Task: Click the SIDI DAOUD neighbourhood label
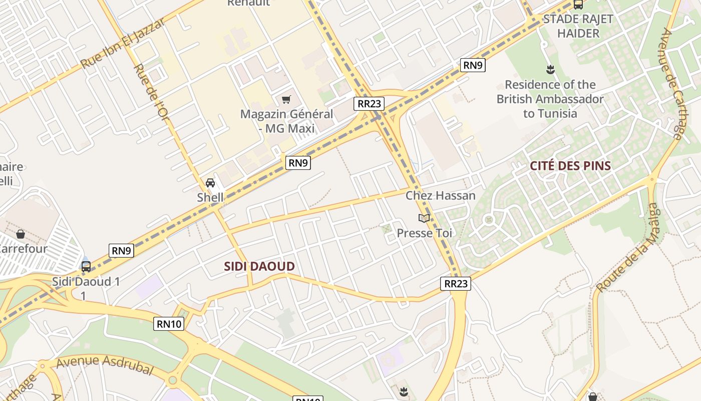(x=259, y=267)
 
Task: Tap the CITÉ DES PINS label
(x=570, y=166)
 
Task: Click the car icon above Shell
(x=210, y=183)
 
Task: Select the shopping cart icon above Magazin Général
(x=286, y=99)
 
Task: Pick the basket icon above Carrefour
(x=21, y=234)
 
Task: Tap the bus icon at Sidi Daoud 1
(x=86, y=266)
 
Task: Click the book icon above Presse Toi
(x=424, y=218)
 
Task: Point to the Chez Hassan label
(x=440, y=195)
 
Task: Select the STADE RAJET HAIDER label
(x=578, y=26)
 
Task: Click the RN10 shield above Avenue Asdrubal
(x=169, y=324)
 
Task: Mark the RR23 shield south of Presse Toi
(x=456, y=284)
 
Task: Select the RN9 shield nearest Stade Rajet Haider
(x=473, y=65)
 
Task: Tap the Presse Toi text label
(x=424, y=233)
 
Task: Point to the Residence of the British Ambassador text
(x=550, y=99)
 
